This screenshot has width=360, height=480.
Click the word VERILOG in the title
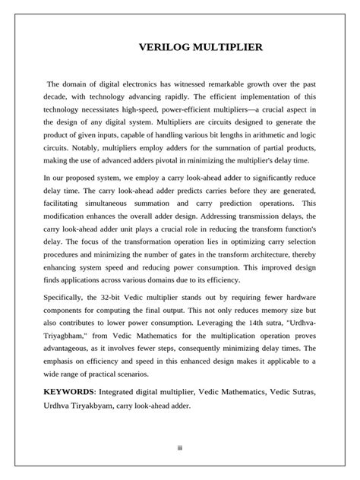tap(164, 48)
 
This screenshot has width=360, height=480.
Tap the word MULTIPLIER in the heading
tap(228, 48)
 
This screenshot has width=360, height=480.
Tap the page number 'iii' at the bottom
tap(180, 447)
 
